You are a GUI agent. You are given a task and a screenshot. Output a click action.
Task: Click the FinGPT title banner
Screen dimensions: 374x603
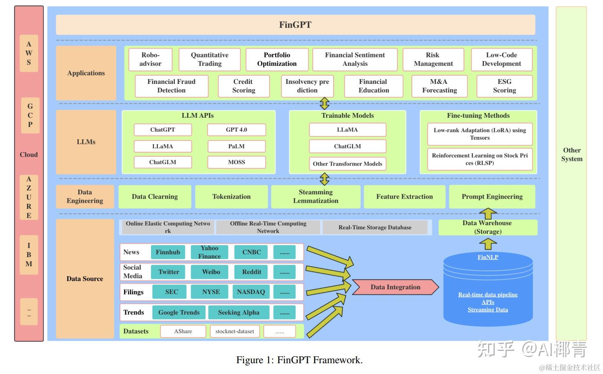[x=295, y=25]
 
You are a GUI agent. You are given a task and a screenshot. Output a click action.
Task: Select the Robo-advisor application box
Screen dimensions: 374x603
[x=150, y=59]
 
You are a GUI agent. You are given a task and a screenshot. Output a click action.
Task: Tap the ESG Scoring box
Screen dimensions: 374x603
[x=504, y=86]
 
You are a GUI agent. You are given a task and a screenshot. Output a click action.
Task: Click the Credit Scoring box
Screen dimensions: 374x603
[x=243, y=86]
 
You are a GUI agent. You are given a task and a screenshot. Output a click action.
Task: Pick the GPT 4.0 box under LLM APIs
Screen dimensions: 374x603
[x=236, y=130]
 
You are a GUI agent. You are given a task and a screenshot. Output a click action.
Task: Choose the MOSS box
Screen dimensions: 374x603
[x=236, y=162]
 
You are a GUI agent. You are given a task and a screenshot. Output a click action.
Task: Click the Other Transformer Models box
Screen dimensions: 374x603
[x=347, y=164]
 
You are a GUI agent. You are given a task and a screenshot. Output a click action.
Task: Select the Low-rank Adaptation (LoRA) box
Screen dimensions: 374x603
[x=480, y=134]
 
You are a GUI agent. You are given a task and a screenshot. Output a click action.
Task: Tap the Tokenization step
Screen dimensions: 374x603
[x=231, y=197]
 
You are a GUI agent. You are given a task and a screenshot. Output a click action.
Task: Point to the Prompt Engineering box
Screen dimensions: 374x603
[x=492, y=197]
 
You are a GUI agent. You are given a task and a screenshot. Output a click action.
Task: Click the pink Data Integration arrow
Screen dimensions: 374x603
[x=395, y=287]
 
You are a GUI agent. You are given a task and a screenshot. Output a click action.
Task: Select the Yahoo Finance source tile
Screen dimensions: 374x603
[x=209, y=252]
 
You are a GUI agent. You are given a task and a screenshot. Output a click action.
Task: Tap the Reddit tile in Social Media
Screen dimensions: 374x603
[x=251, y=272]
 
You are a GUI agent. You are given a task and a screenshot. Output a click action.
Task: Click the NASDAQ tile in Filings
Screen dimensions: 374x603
[x=251, y=292]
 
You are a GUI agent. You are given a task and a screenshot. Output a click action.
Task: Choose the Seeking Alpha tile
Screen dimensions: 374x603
[x=238, y=312]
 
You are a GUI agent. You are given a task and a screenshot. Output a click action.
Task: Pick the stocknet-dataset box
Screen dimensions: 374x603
[x=234, y=331]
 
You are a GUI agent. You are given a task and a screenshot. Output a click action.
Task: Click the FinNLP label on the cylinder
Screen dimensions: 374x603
[x=488, y=257]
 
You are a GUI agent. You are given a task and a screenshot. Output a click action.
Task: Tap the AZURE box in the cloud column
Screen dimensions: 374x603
[x=29, y=197]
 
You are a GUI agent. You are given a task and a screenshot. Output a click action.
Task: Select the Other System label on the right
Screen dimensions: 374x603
[x=571, y=154]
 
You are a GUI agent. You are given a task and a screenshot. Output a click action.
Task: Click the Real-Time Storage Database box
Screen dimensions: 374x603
[x=375, y=227]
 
